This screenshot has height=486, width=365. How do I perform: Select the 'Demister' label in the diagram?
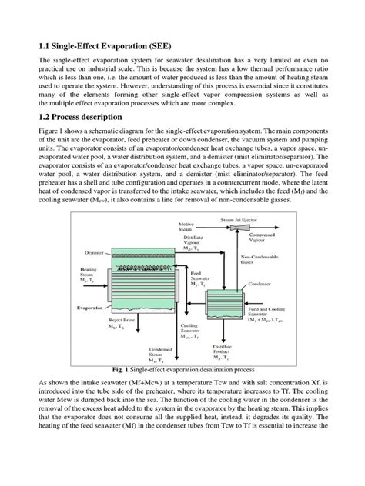point(90,251)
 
